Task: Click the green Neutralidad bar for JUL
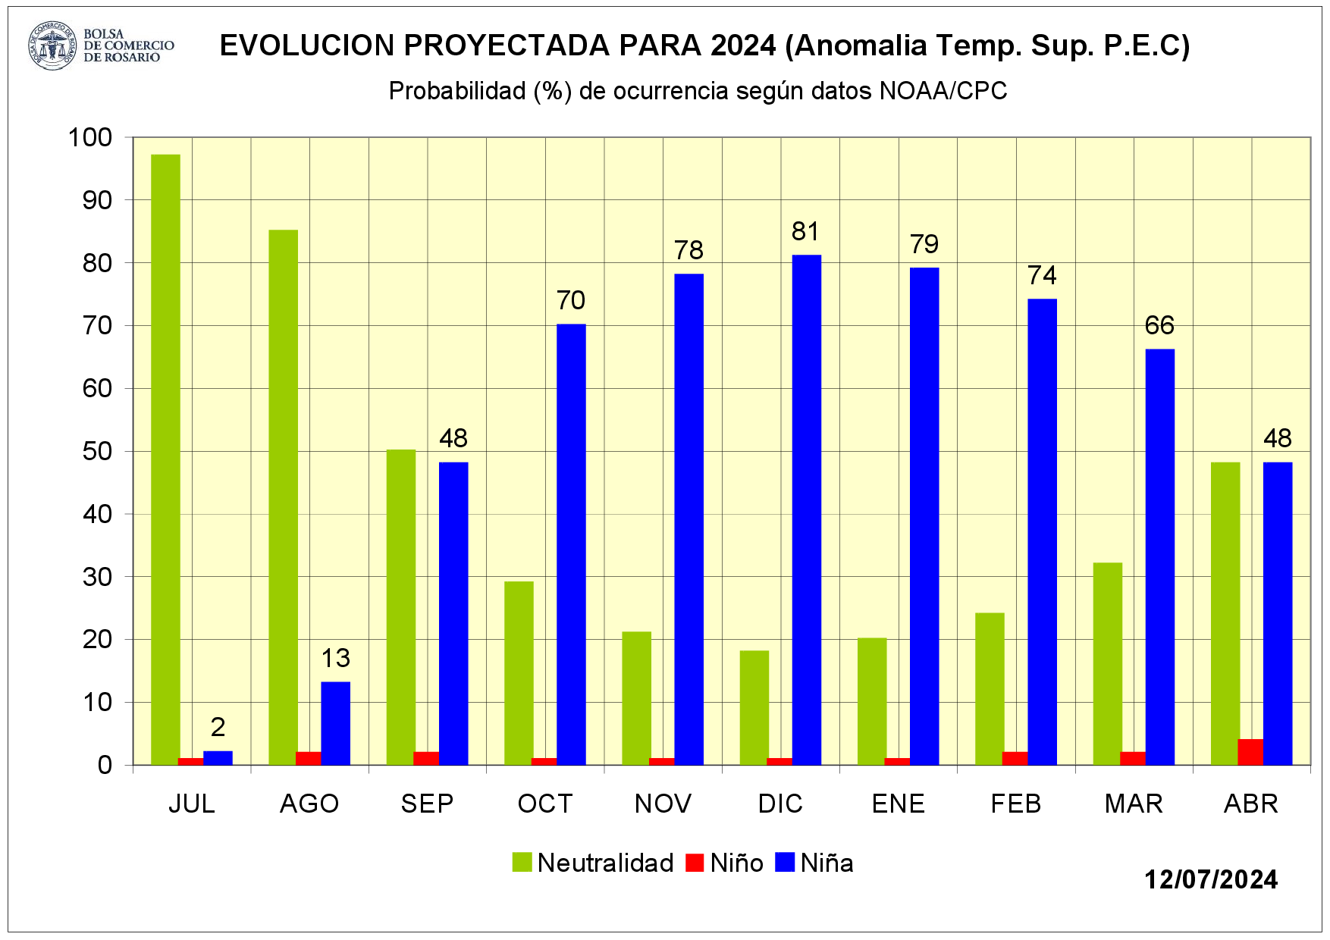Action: point(165,459)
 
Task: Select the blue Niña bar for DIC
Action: point(807,509)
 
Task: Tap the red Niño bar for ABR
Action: point(1250,752)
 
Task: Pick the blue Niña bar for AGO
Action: point(335,723)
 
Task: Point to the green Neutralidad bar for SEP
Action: point(401,606)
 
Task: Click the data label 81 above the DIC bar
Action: point(805,231)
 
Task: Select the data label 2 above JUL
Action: point(218,727)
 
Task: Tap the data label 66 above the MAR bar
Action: point(1159,325)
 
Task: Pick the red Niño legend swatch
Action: point(695,863)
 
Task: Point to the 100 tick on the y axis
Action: point(90,137)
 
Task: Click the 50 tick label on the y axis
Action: point(97,451)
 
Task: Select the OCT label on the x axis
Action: point(544,804)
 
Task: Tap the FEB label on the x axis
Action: point(1016,804)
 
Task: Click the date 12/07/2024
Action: point(1211,879)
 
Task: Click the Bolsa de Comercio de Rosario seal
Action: point(52,45)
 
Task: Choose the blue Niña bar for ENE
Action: point(924,515)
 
